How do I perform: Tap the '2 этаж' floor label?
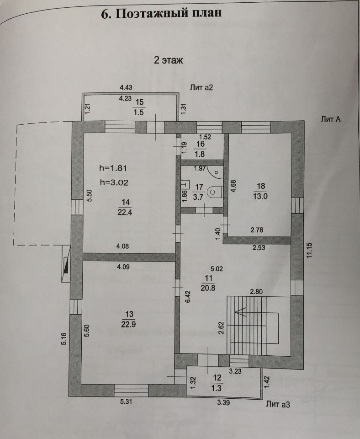pos(168,60)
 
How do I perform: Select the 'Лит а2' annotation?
pos(201,87)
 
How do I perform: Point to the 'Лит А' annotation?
pos(332,120)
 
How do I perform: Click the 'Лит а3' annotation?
pos(278,404)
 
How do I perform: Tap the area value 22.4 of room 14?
pos(122,211)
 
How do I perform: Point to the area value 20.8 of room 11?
pos(208,287)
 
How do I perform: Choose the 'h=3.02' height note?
pos(114,182)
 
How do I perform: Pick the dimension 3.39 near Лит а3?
pos(223,402)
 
